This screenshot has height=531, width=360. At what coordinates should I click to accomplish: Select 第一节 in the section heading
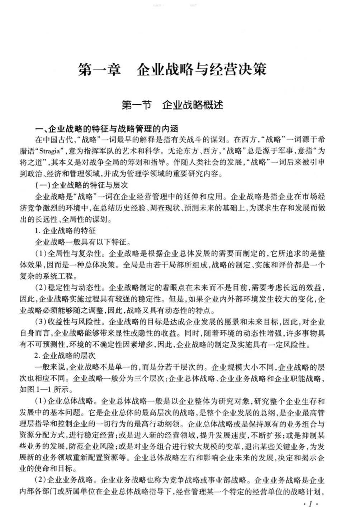point(137,105)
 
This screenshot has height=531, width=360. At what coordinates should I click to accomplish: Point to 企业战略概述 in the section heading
point(193,105)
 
